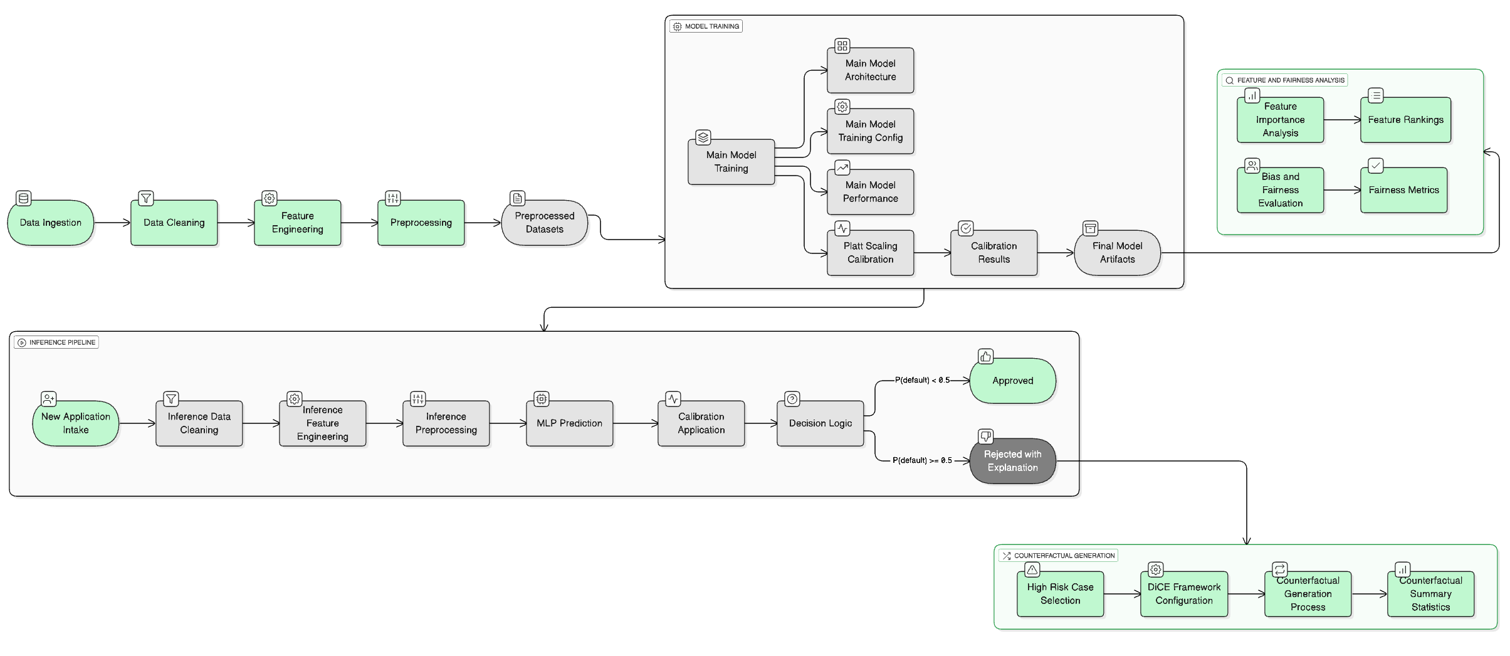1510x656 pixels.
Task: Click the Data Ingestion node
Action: tap(50, 223)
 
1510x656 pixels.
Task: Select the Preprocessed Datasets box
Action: tap(544, 223)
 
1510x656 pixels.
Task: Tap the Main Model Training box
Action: tap(731, 162)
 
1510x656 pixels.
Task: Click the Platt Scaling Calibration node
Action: tap(870, 253)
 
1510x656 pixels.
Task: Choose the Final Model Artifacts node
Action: tap(1117, 253)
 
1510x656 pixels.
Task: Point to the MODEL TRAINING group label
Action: tap(706, 26)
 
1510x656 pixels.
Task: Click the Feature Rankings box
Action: tap(1405, 120)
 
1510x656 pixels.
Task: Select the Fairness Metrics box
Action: tap(1403, 190)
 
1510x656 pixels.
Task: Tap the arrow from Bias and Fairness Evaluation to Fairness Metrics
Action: tap(1342, 190)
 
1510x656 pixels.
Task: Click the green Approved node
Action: tap(1012, 381)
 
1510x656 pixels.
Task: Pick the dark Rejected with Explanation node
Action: tap(1012, 461)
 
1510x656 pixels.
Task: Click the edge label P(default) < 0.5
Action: tap(922, 380)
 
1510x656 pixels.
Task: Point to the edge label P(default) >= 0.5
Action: tap(922, 460)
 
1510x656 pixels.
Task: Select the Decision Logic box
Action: tap(820, 423)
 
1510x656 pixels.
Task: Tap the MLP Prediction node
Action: tap(569, 423)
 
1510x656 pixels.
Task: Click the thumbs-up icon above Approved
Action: tap(986, 357)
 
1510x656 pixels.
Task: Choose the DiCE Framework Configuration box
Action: tap(1183, 594)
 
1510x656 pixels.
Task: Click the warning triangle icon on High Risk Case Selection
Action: tap(1032, 569)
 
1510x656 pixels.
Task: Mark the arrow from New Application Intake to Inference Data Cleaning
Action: tap(137, 423)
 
